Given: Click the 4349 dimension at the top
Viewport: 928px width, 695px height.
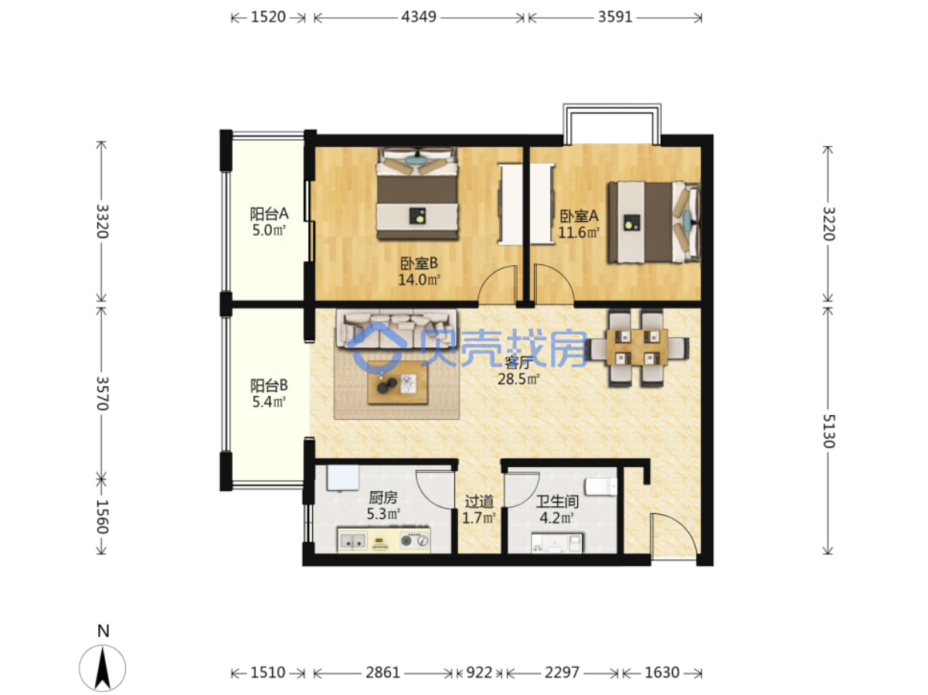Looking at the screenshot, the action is point(418,17).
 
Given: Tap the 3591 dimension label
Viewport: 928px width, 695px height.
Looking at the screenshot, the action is point(614,17).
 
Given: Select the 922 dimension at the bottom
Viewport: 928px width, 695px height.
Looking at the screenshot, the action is point(478,672).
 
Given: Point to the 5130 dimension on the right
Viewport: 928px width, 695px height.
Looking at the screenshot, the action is point(828,431).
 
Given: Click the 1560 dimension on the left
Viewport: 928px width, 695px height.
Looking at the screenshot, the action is point(102,516).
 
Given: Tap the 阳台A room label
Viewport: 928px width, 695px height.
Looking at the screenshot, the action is point(269,213).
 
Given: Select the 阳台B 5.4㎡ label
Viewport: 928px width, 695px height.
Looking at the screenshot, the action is point(269,393).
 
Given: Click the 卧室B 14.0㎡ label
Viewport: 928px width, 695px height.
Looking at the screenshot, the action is point(419,271).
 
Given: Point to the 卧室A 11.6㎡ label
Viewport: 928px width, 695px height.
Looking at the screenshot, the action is point(579,224).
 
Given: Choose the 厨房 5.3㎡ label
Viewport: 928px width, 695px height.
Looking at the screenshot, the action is point(383,506).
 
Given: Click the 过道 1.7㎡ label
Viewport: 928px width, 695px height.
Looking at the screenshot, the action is point(479,509).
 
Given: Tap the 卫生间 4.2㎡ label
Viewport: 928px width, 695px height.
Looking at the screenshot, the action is point(557,509).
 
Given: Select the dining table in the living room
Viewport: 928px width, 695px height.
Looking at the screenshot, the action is point(636,347).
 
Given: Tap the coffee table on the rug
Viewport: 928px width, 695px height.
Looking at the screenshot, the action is point(397,383).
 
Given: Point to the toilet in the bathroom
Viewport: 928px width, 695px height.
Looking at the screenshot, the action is point(601,486).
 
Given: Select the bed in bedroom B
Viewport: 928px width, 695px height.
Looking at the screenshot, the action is point(417,193).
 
